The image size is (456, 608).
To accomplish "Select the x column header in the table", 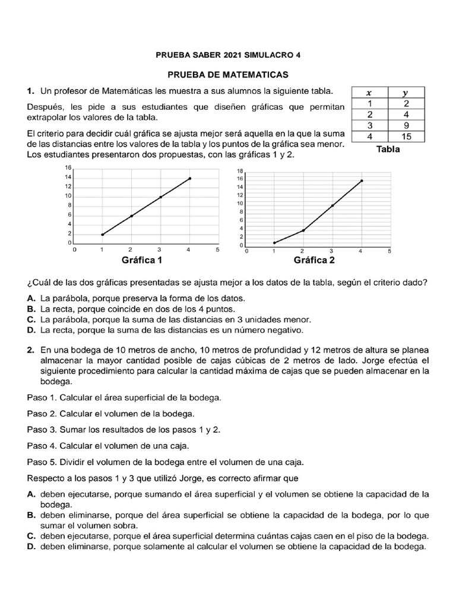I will (369, 93).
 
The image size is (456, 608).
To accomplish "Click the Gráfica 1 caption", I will (142, 260).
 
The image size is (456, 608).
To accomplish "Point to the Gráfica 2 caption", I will (314, 260).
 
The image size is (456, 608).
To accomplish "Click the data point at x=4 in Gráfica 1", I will (190, 178).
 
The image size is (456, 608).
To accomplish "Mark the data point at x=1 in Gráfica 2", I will (274, 242).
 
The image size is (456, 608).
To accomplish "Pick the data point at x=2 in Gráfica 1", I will (131, 216).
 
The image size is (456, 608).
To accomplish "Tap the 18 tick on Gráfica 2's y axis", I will (240, 170).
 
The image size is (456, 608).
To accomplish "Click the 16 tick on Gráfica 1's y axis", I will (68, 168).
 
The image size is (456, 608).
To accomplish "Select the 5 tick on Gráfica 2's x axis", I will (389, 251).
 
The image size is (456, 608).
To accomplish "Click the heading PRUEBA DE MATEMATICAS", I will (228, 75).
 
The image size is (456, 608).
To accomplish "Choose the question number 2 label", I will (30, 350).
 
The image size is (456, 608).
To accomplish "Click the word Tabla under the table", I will (388, 150).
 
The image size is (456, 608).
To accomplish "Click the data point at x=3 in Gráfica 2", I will (332, 205).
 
